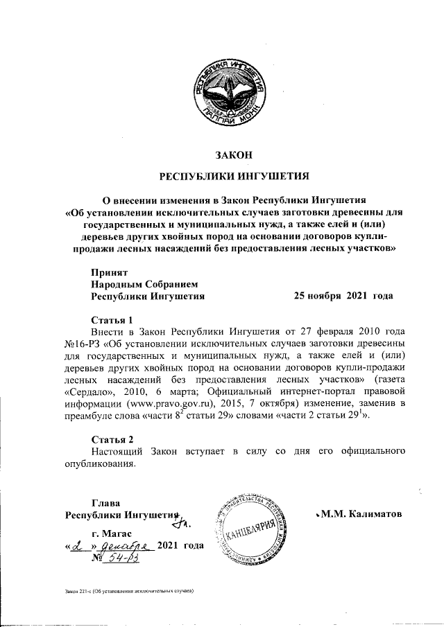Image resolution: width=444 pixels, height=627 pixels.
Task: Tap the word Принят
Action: click(108, 272)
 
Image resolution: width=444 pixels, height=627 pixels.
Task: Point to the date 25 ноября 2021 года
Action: click(343, 296)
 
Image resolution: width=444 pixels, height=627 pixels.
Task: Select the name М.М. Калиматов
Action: click(361, 515)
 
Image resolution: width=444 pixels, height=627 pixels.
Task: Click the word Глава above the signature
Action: click(106, 502)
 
